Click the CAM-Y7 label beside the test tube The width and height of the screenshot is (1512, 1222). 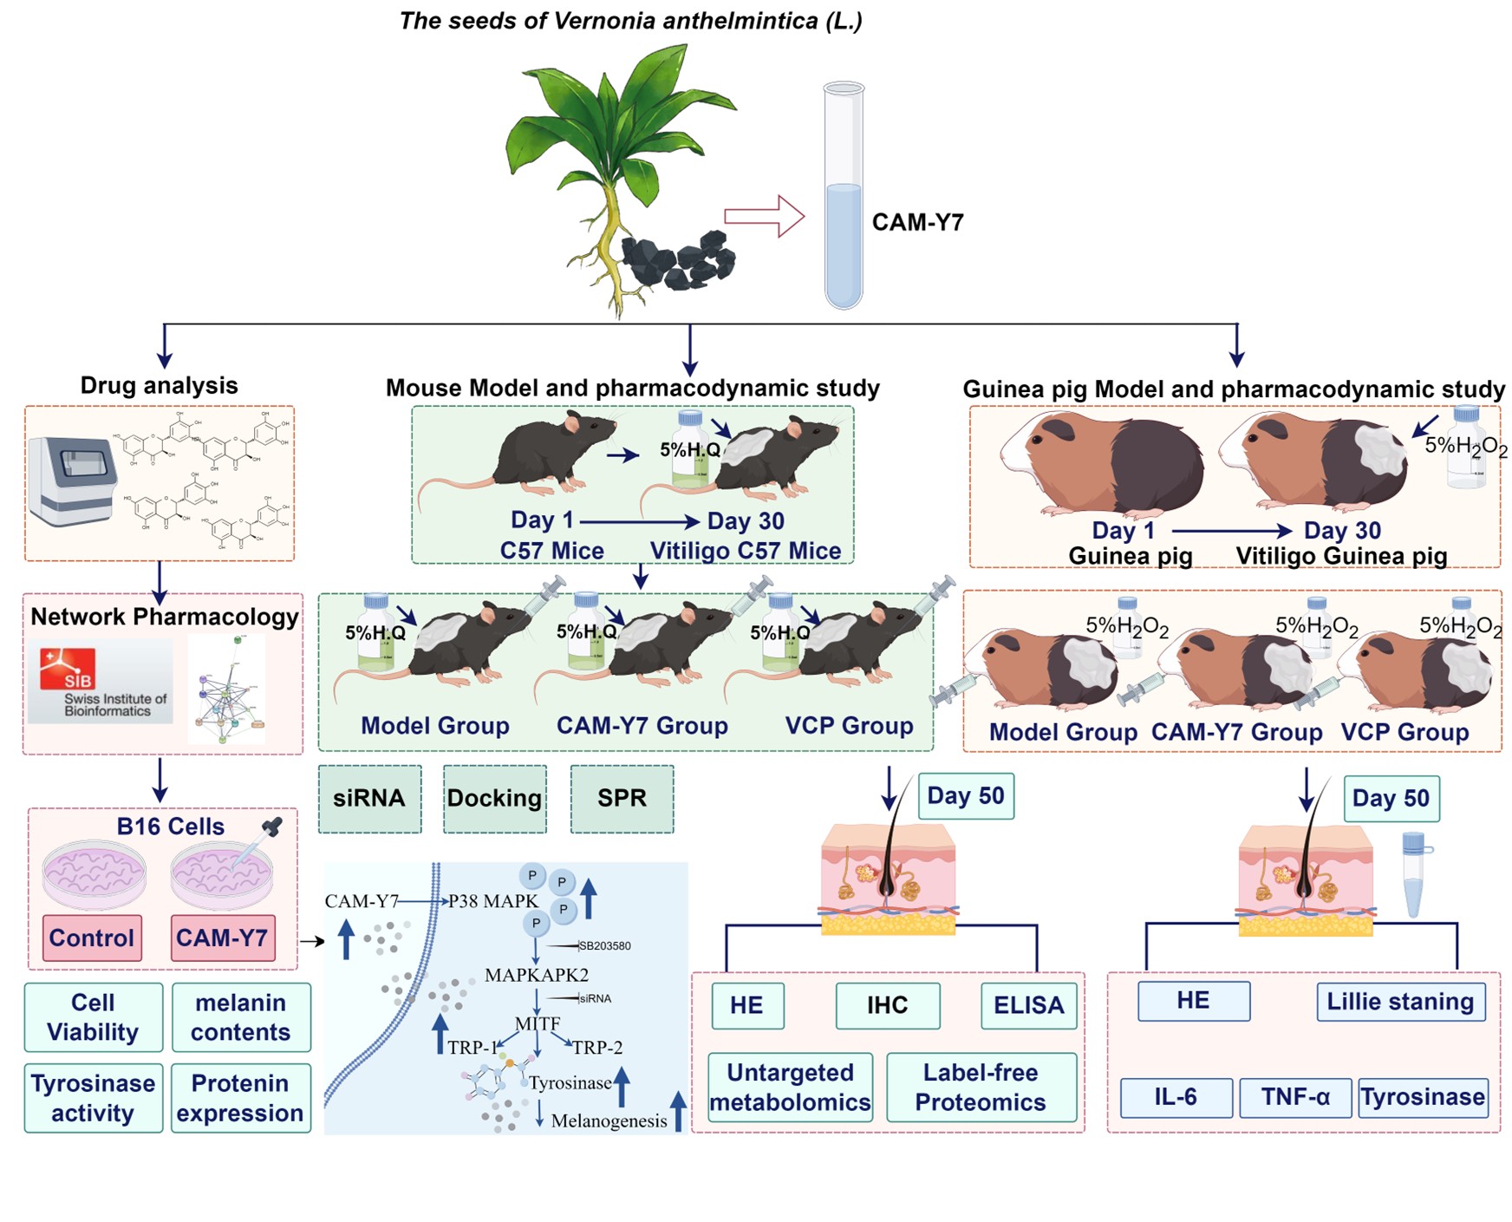point(917,223)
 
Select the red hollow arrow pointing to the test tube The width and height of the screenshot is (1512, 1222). point(764,216)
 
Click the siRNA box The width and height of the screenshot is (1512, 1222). point(369,799)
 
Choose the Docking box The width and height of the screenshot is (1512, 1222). point(494,799)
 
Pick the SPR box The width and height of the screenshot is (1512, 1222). point(622,799)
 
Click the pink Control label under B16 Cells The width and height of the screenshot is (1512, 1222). point(92,938)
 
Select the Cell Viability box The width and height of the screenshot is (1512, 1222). point(93,1017)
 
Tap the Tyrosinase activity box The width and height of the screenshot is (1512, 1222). point(93,1098)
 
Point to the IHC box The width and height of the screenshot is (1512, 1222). point(887,1005)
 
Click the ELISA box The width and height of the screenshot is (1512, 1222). point(1028,1005)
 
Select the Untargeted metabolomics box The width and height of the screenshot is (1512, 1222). point(790,1088)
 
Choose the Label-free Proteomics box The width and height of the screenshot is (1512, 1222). point(981,1088)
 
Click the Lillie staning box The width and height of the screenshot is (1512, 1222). point(1400,1002)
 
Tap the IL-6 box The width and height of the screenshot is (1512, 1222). point(1175,1097)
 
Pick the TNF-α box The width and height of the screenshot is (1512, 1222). point(1295,1097)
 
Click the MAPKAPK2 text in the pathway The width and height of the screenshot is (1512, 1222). point(537,975)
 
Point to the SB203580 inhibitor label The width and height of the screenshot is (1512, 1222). point(604,946)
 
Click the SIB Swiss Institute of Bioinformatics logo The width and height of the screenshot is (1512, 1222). point(100,682)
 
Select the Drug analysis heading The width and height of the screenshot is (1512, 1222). point(159,386)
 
